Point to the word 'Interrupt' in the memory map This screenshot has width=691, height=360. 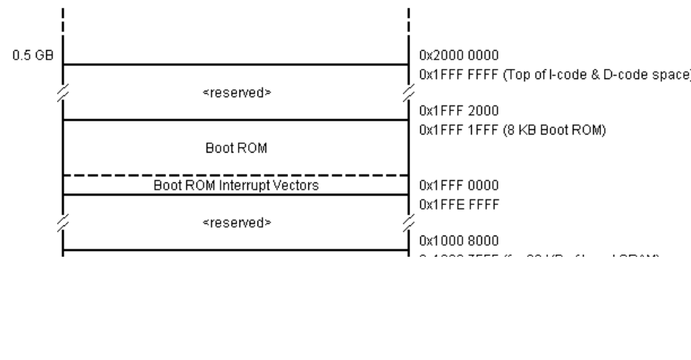250,185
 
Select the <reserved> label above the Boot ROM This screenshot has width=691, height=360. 236,92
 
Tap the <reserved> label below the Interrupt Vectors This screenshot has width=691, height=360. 236,222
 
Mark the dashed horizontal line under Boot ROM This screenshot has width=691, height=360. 235,175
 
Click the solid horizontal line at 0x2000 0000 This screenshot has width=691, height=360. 235,64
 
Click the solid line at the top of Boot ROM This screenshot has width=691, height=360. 235,120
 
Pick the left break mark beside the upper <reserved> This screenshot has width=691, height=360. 63,92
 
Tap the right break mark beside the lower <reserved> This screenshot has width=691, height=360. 408,222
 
